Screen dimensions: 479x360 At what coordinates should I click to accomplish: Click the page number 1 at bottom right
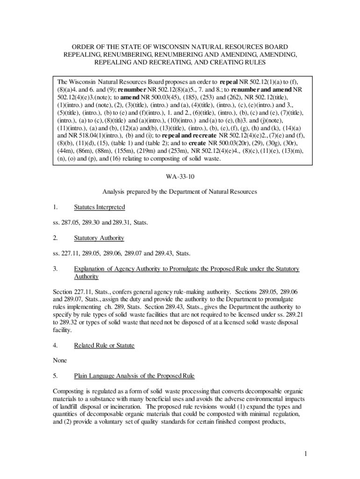(304, 454)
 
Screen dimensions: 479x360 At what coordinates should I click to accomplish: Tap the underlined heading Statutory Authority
(99, 238)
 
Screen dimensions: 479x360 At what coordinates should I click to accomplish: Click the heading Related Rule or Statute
(104, 345)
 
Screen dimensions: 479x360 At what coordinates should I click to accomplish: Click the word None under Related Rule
(60, 360)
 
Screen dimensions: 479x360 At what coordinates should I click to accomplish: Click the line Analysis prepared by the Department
(180, 191)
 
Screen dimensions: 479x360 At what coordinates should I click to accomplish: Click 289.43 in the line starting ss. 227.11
(161, 253)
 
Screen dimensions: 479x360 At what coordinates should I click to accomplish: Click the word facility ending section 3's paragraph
(62, 330)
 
